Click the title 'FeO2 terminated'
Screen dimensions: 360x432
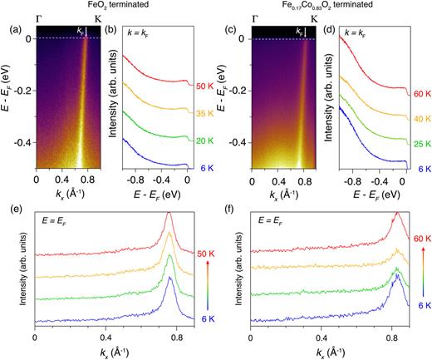pos(101,6)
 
